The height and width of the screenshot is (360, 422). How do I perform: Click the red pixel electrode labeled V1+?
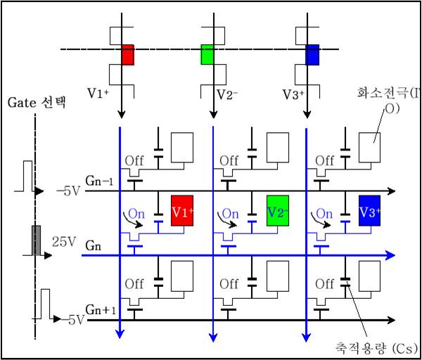(x=182, y=211)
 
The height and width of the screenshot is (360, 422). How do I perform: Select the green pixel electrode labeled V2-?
(x=278, y=211)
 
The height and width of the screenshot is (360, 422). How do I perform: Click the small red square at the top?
(x=127, y=54)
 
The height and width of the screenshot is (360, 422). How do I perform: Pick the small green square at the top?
(x=207, y=54)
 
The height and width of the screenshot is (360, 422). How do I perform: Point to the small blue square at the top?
(x=312, y=54)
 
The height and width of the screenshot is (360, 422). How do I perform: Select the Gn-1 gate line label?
(x=99, y=181)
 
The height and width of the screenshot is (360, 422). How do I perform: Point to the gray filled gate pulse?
(x=34, y=240)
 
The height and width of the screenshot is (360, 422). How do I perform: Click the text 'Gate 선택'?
(x=36, y=103)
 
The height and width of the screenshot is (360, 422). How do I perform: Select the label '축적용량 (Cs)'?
(x=377, y=347)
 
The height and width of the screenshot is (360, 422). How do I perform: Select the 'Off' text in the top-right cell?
(x=325, y=160)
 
